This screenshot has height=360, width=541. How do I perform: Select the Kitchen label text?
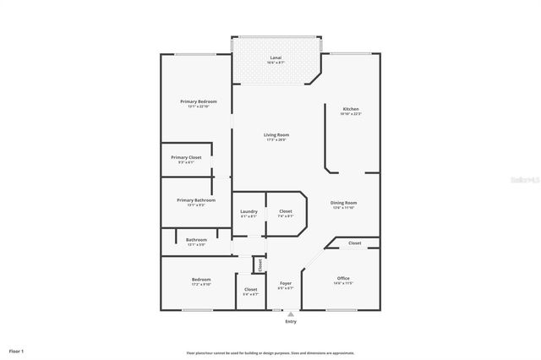tap(351, 110)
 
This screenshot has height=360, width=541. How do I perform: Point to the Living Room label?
tap(276, 135)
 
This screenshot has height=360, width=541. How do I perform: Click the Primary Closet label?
tap(186, 158)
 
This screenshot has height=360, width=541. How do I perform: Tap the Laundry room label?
tap(249, 211)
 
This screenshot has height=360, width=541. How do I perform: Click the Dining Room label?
tap(343, 203)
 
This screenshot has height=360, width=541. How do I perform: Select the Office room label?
tap(343, 279)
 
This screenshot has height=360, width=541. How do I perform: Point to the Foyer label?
tap(286, 284)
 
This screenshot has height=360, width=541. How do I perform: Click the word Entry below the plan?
tap(291, 321)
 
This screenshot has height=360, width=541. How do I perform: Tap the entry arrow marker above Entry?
tap(291, 313)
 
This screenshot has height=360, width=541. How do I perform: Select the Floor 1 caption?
tap(17, 350)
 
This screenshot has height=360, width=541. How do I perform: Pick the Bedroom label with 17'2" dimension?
tap(201, 280)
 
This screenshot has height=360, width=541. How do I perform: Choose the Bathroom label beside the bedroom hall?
tap(196, 240)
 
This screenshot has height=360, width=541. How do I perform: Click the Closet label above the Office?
tap(354, 243)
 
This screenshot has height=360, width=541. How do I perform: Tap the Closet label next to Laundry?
tap(286, 211)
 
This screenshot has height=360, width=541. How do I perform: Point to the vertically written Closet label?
tap(260, 265)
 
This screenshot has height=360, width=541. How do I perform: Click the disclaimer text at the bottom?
tap(270, 353)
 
